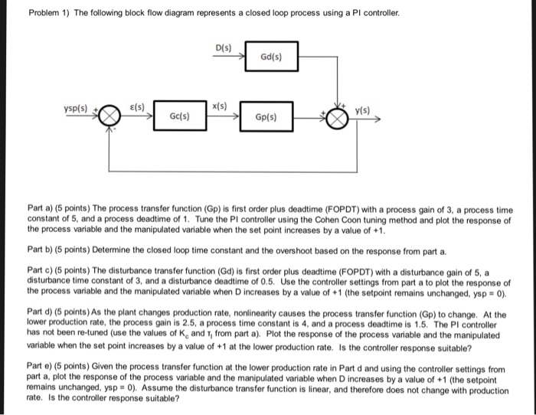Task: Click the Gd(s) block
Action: pos(272,56)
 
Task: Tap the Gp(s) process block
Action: pos(266,118)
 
